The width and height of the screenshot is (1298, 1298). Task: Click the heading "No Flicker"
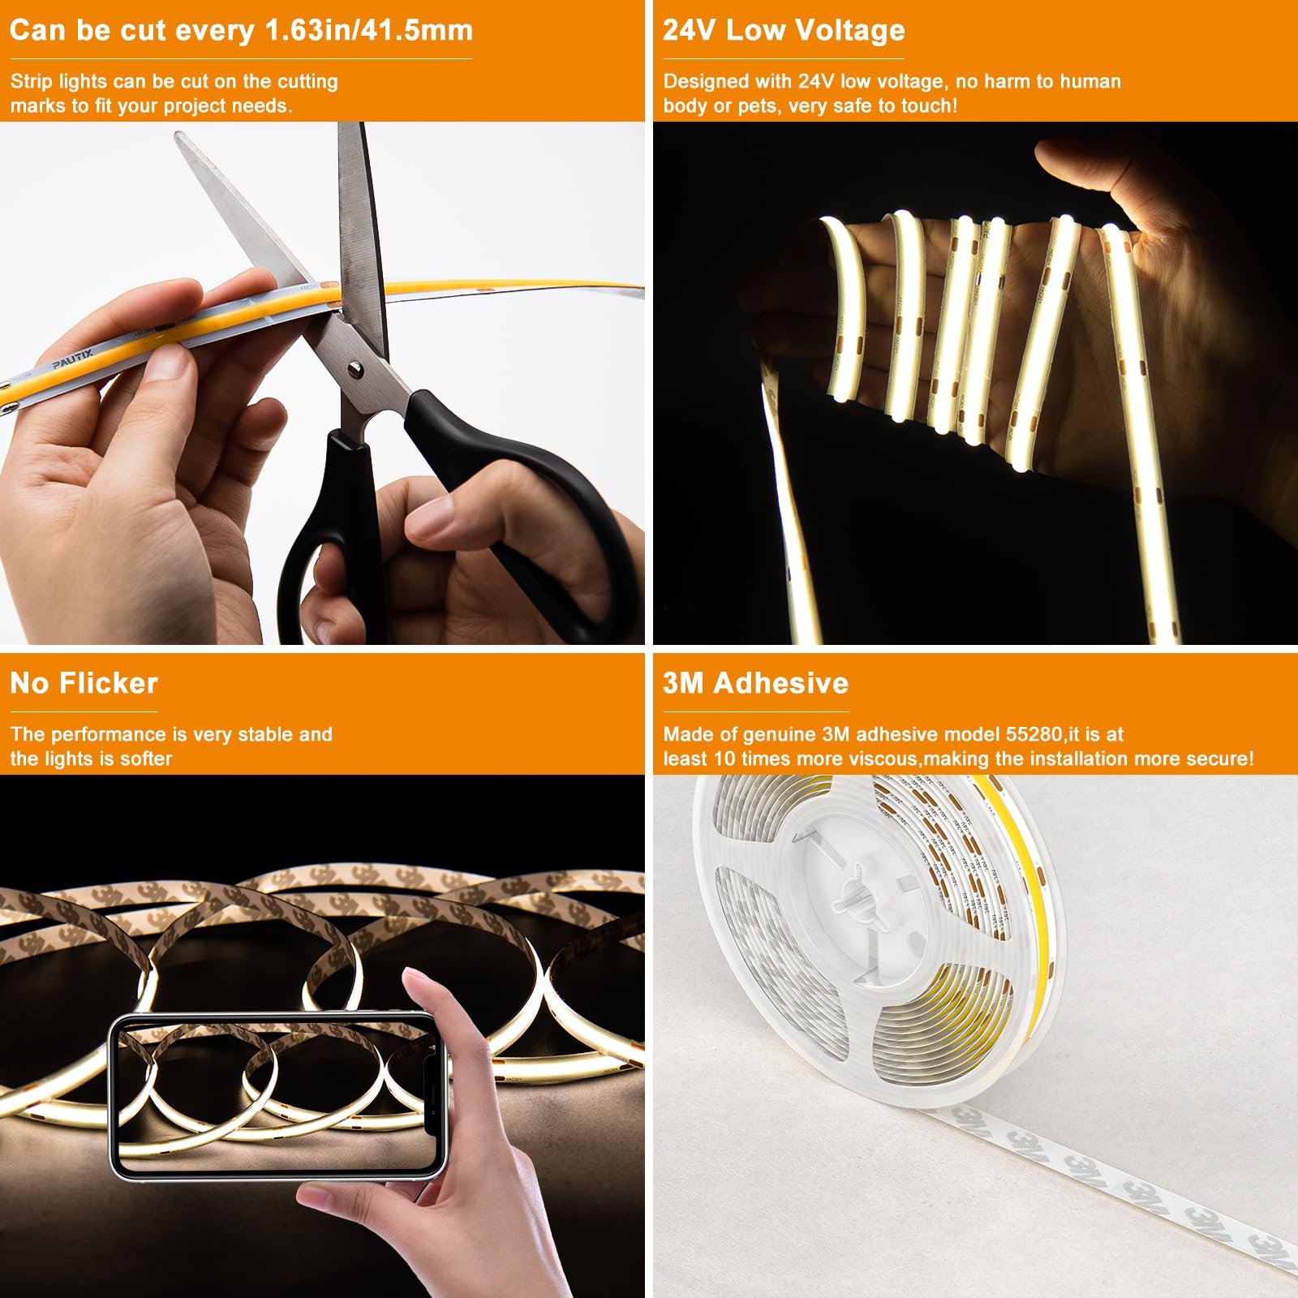click(84, 683)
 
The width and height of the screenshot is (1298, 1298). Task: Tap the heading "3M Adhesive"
click(755, 683)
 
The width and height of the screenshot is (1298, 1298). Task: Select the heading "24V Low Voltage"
click(784, 30)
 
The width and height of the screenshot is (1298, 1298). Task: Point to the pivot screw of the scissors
click(355, 371)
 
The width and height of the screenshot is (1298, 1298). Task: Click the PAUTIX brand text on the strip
click(73, 358)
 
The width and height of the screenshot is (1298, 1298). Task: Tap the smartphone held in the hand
click(276, 1095)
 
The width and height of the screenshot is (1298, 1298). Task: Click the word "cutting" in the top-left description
click(307, 81)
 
